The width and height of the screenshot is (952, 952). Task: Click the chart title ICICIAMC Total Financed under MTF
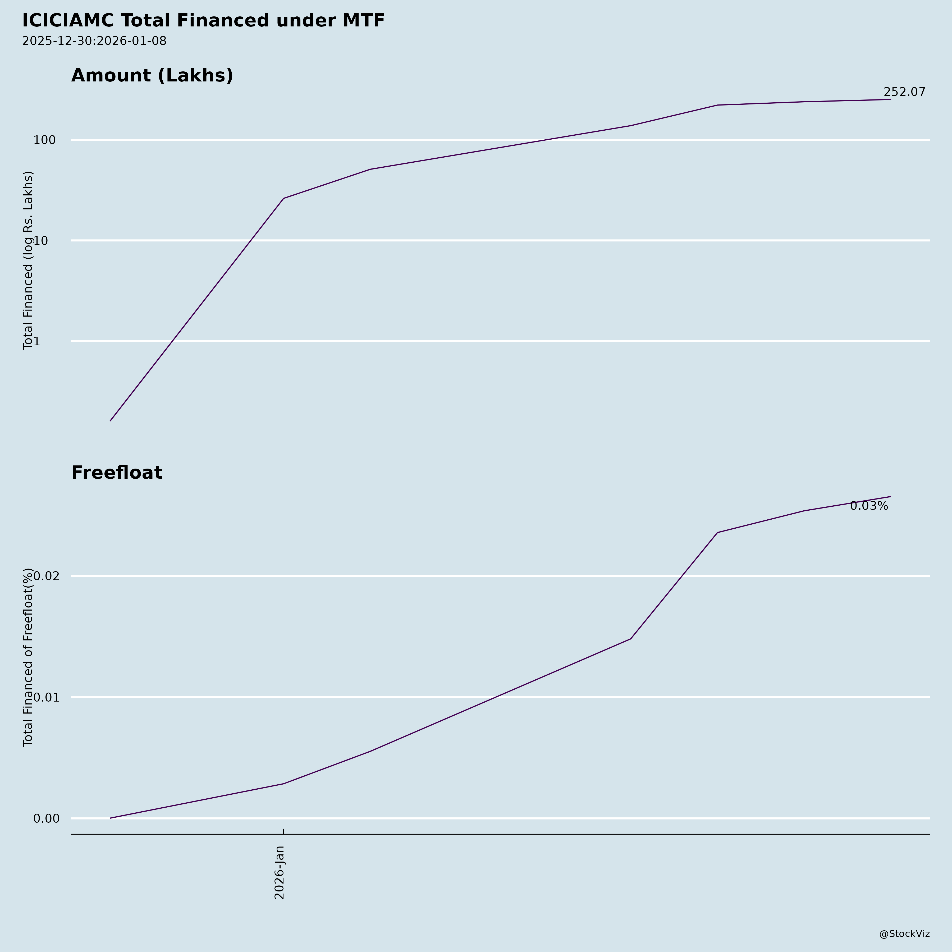click(x=203, y=21)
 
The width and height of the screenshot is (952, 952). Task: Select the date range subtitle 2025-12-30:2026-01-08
click(x=94, y=41)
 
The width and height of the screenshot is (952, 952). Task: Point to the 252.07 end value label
click(x=904, y=92)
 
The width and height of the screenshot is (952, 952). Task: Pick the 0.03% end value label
click(x=869, y=506)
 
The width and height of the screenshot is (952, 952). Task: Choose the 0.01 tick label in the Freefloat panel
click(x=46, y=697)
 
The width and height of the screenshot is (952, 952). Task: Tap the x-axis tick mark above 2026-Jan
click(x=283, y=832)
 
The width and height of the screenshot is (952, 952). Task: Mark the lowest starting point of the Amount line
click(x=110, y=421)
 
